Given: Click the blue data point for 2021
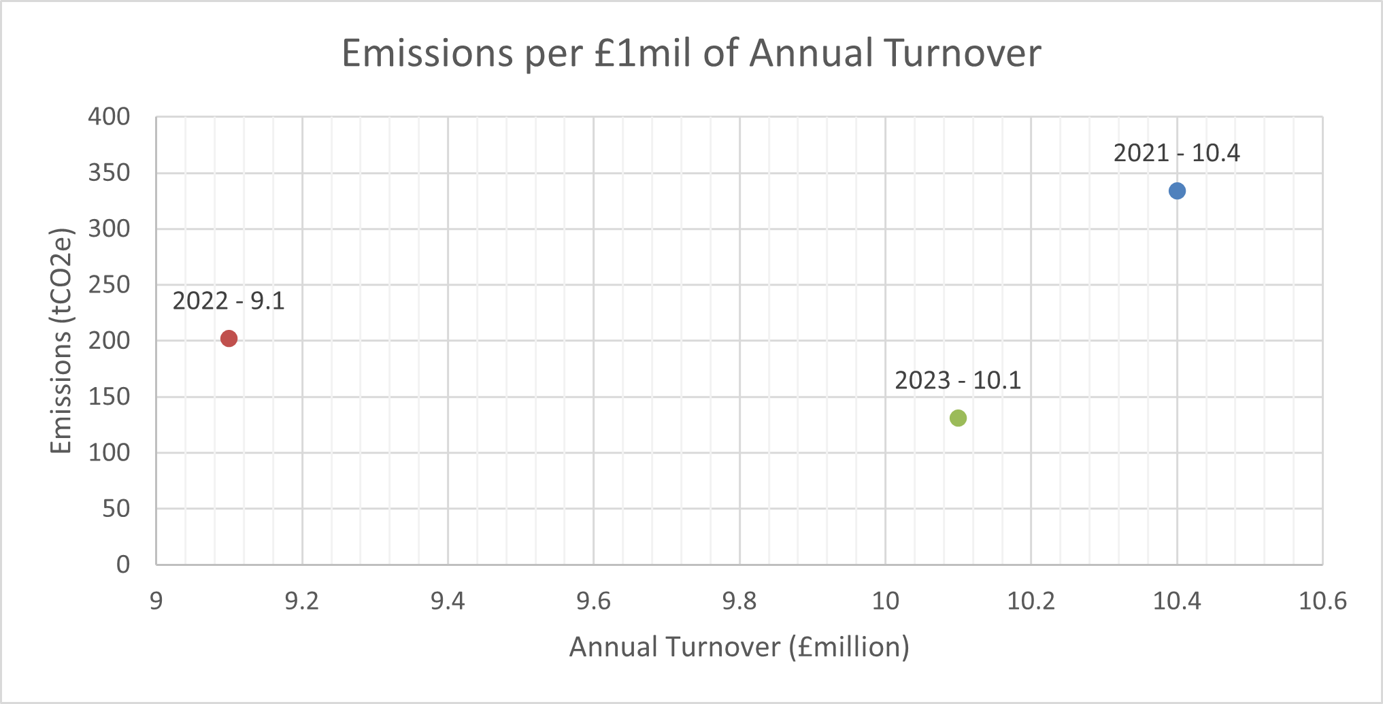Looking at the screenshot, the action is pos(1177,191).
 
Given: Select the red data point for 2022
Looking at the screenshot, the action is pos(229,339).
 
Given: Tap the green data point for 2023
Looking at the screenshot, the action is pos(958,418).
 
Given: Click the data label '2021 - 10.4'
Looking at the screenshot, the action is pos(1177,153).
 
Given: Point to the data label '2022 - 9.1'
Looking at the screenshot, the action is pos(229,301).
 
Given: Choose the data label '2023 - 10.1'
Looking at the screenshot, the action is pos(958,380).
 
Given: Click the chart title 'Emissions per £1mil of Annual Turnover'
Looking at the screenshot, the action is pos(691,53).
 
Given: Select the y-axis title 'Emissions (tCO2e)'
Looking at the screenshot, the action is pos(61,340).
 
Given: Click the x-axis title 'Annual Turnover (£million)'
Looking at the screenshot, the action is pos(739,647).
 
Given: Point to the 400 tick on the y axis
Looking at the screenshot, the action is pos(109,116).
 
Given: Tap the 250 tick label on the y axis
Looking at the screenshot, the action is pos(109,284).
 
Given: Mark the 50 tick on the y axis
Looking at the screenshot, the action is pos(116,508).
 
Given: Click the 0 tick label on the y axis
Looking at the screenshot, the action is pos(123,565).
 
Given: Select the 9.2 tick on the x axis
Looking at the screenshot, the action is pos(302,601).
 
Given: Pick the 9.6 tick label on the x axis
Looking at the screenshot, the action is pos(594,601).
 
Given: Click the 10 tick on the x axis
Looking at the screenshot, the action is pos(885,601).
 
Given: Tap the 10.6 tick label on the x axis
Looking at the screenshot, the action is pos(1322,601).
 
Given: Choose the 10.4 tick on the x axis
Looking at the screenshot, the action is pos(1177,601).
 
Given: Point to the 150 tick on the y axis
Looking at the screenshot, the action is pos(109,397).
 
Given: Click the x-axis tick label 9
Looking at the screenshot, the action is pos(156,601).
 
